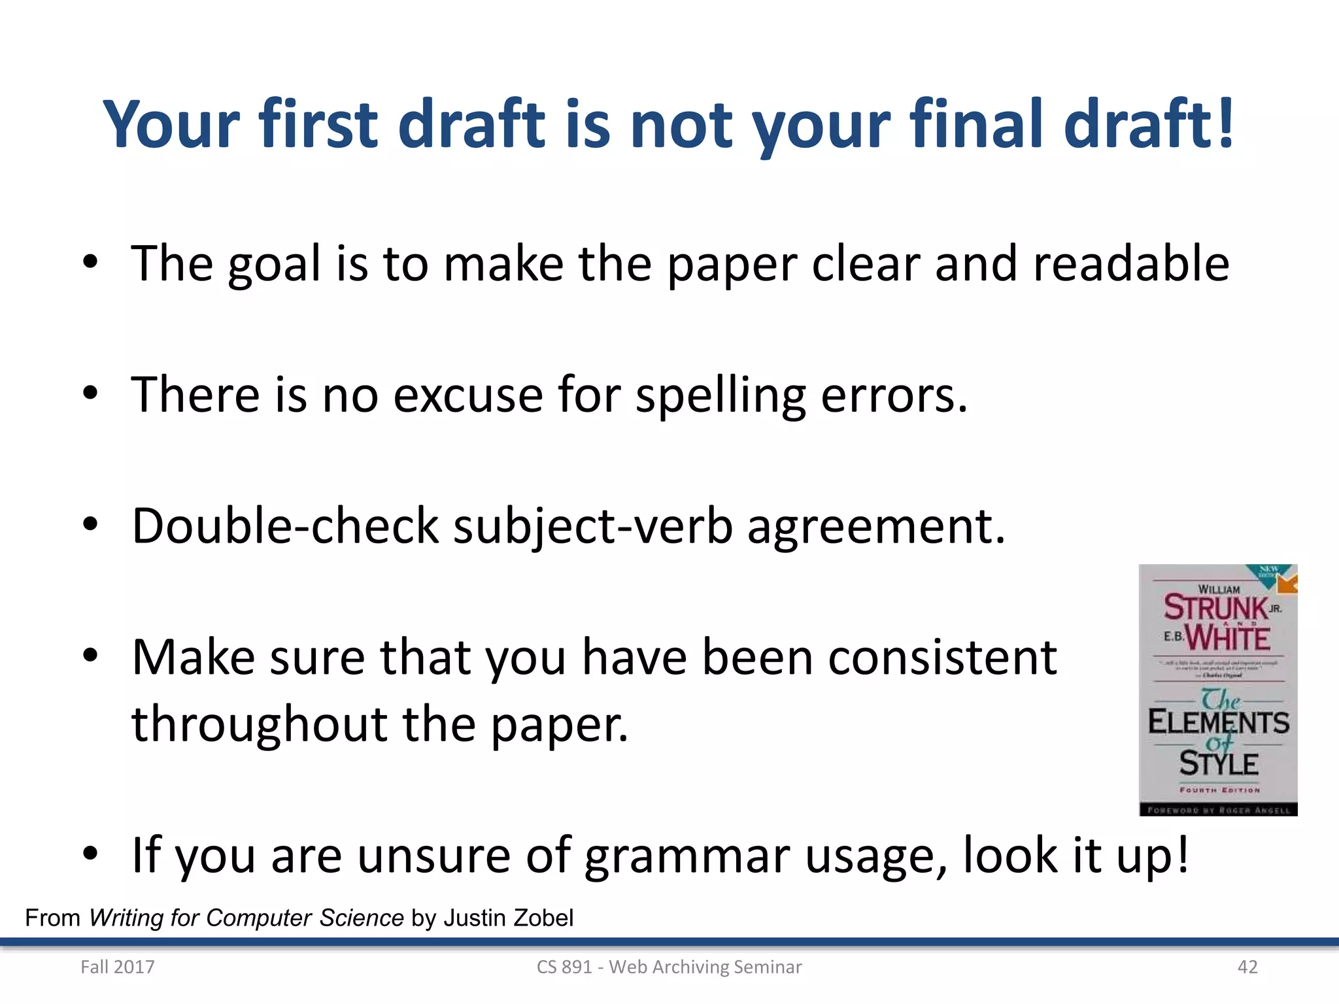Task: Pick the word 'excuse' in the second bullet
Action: click(467, 395)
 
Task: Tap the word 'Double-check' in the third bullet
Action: click(285, 526)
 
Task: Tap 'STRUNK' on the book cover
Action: click(1215, 607)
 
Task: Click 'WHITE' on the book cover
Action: click(1227, 637)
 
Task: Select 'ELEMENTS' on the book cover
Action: click(1219, 722)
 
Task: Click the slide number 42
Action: click(1247, 967)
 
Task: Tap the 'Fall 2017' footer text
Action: click(118, 967)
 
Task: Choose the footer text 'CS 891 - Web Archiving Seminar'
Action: click(669, 967)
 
